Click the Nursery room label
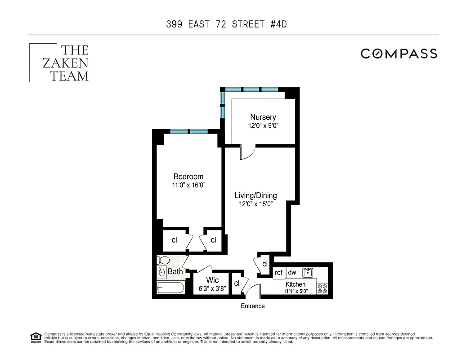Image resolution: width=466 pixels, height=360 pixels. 263,117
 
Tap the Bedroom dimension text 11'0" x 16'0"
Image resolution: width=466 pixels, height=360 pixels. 189,185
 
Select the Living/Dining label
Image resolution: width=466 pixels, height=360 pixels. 255,195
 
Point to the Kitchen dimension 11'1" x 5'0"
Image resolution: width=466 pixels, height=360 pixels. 296,292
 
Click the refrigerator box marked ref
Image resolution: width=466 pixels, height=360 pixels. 279,273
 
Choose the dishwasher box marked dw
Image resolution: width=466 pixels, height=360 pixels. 292,272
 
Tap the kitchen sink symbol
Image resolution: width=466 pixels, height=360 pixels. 308,272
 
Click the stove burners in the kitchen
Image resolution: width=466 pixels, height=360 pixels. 323,288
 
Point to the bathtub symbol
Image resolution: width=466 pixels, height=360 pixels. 170,288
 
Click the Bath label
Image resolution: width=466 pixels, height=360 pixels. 175,271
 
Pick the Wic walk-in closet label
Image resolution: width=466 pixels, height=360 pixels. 212,280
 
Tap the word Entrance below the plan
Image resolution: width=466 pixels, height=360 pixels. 253,306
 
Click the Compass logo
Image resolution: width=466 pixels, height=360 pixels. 399,54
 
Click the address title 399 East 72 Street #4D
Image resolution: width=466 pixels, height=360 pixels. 226,24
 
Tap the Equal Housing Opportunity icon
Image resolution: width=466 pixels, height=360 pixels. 36,337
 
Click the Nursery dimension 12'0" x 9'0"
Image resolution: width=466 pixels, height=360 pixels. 263,126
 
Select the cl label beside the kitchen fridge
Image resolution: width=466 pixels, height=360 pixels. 265,264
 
